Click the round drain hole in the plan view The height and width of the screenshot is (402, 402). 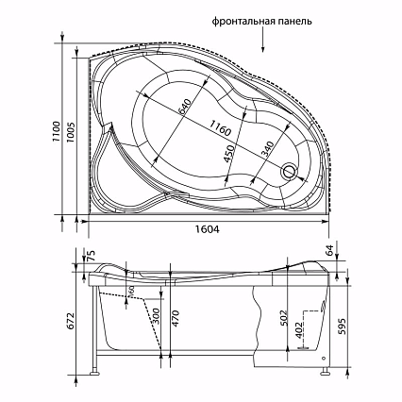click(x=288, y=173)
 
